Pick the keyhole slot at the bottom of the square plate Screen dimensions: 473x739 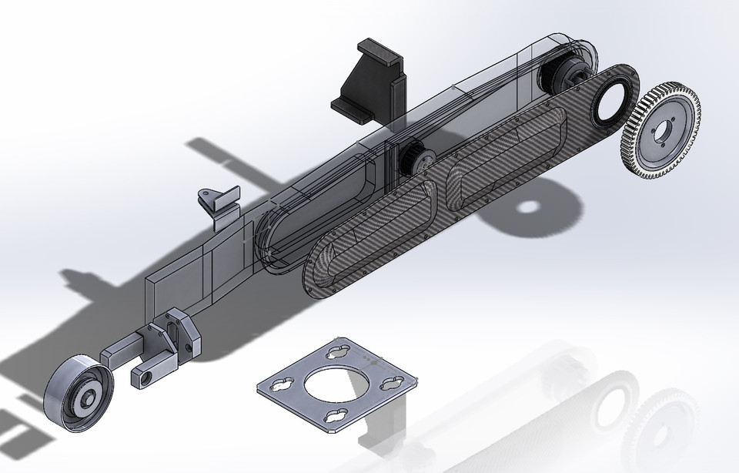coord(336,416)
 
